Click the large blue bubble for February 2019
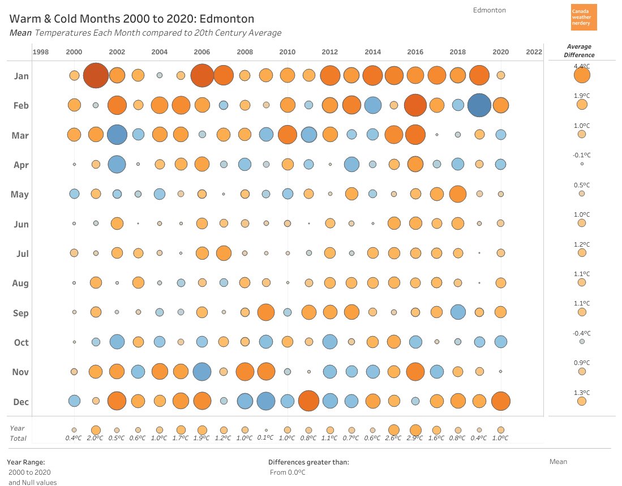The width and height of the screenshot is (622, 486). [479, 105]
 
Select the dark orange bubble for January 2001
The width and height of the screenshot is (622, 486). [96, 75]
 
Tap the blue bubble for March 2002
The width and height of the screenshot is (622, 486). [117, 135]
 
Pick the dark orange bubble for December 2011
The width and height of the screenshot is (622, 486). [308, 401]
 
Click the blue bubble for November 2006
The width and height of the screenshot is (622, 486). [202, 372]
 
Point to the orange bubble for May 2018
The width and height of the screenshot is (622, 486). [457, 194]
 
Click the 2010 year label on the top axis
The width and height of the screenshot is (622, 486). [288, 51]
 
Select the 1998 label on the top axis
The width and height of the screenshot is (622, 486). [41, 51]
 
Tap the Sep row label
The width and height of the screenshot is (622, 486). [21, 313]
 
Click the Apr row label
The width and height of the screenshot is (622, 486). [21, 165]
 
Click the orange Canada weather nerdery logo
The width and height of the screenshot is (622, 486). [584, 17]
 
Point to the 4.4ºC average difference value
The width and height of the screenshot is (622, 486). [581, 66]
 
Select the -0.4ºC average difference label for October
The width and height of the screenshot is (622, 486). [581, 333]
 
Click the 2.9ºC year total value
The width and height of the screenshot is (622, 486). [415, 438]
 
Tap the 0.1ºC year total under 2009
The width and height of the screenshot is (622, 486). [265, 438]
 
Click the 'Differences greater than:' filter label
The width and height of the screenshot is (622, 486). [308, 462]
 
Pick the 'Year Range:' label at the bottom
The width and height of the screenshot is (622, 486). [26, 462]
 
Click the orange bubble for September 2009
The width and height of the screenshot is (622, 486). [265, 312]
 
